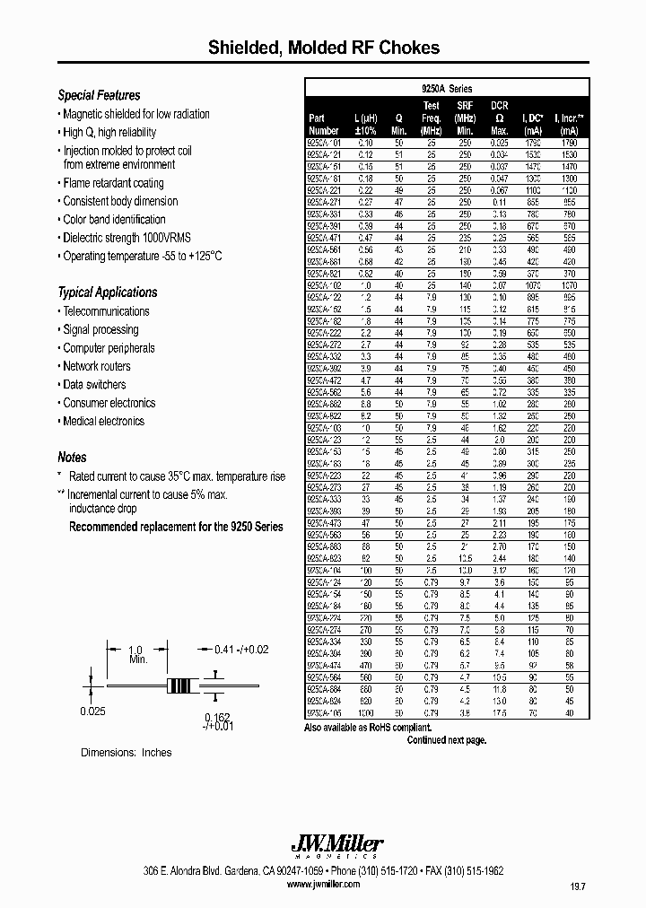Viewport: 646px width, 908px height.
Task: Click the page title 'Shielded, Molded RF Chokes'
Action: point(324,47)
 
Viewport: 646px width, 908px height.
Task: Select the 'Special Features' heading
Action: point(99,95)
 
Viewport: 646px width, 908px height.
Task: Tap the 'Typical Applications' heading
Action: point(107,292)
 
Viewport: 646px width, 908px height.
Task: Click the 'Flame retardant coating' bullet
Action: point(113,183)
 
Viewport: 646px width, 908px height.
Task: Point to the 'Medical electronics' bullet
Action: point(103,421)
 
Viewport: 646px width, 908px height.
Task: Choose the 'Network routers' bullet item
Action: point(96,366)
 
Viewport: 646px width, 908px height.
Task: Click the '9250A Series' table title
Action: point(447,89)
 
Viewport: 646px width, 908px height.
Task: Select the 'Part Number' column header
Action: point(323,124)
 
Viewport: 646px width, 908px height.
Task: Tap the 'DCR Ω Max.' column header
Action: point(500,118)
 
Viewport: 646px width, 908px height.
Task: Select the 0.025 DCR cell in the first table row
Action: point(499,143)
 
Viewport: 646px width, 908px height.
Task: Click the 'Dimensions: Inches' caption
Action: point(127,752)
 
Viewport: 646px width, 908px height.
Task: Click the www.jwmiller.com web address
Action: point(323,884)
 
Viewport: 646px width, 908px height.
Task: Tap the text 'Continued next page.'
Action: point(446,740)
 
